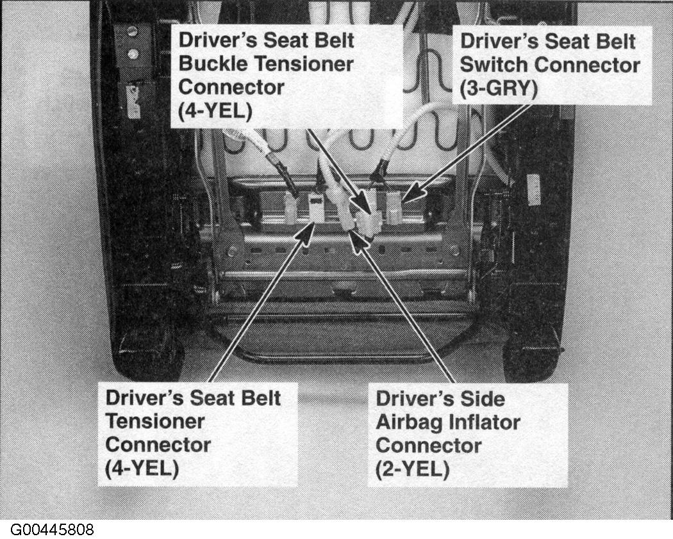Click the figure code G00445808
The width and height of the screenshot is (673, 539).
pos(52,529)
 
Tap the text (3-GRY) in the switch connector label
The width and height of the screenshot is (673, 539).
pos(498,89)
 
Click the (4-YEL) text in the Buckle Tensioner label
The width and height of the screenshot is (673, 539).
pos(215,111)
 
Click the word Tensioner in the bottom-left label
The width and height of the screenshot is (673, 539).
pos(155,421)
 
